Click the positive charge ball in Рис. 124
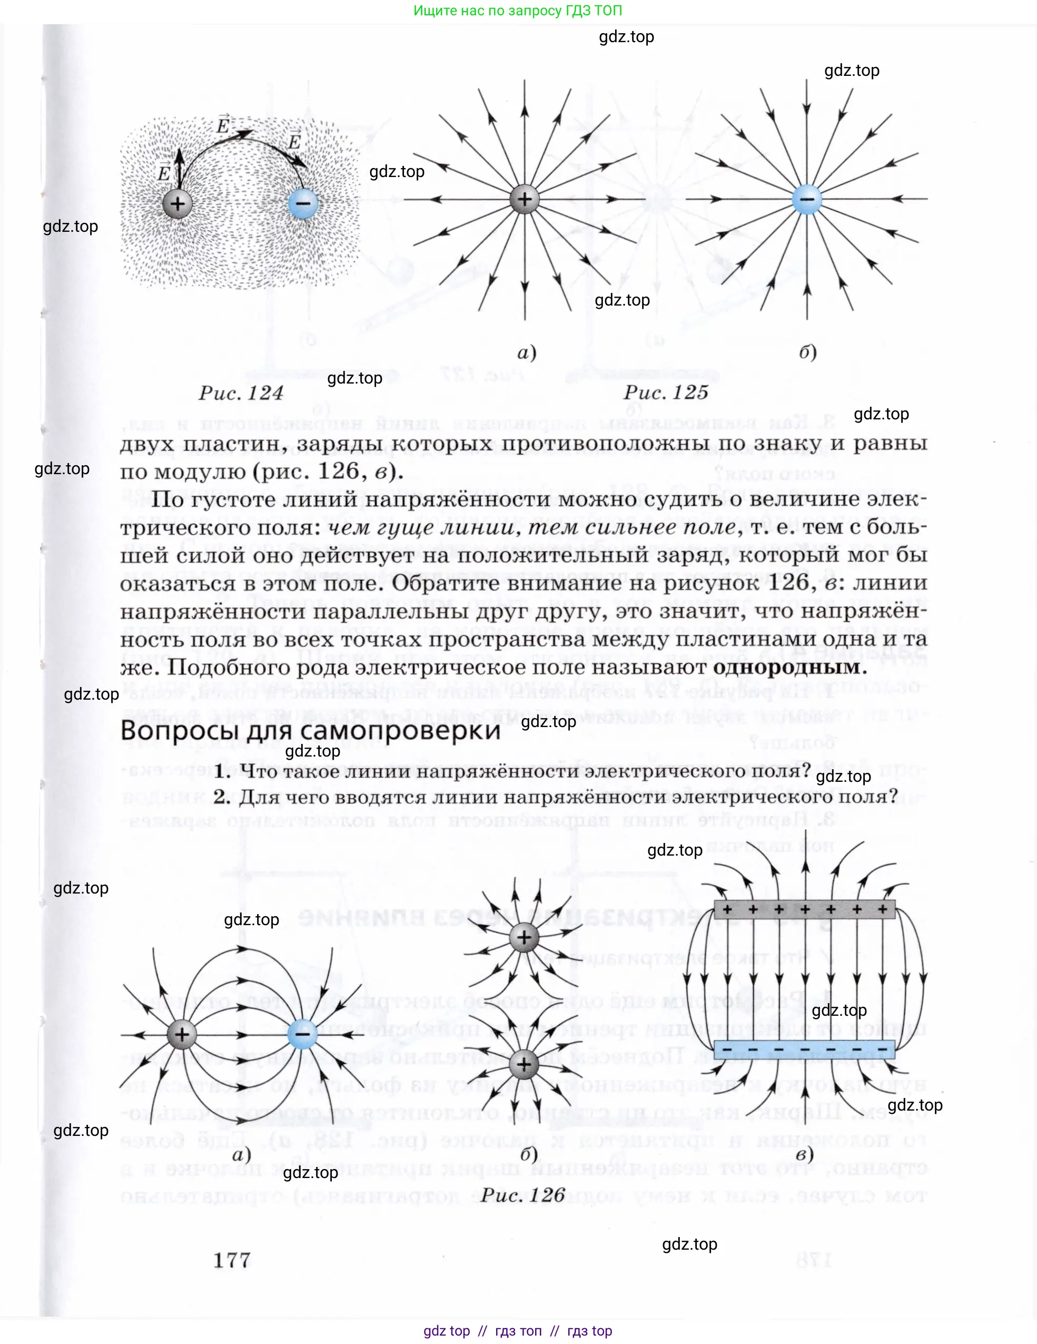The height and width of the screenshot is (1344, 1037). coord(177,204)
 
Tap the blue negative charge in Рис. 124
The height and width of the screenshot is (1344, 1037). coord(303,202)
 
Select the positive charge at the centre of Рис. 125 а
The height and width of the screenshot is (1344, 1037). coord(524,199)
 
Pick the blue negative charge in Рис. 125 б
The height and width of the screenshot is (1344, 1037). coord(807,199)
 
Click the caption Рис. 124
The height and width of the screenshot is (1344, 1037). coord(241,393)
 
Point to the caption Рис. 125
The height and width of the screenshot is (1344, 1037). coord(666,392)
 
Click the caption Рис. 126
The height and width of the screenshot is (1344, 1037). coord(523,1194)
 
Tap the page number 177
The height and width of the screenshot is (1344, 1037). coord(232,1260)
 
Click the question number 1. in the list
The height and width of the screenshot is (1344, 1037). coord(223,771)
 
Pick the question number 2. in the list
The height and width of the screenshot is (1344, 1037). coord(223,797)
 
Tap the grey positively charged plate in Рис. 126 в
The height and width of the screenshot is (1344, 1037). coord(805,909)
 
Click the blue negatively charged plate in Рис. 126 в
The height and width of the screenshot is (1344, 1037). coord(805,1048)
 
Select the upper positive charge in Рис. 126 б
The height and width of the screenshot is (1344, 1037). coord(524,937)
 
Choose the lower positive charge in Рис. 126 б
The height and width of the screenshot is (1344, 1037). coord(524,1065)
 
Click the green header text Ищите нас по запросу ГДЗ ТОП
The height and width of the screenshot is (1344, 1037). coord(518,11)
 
